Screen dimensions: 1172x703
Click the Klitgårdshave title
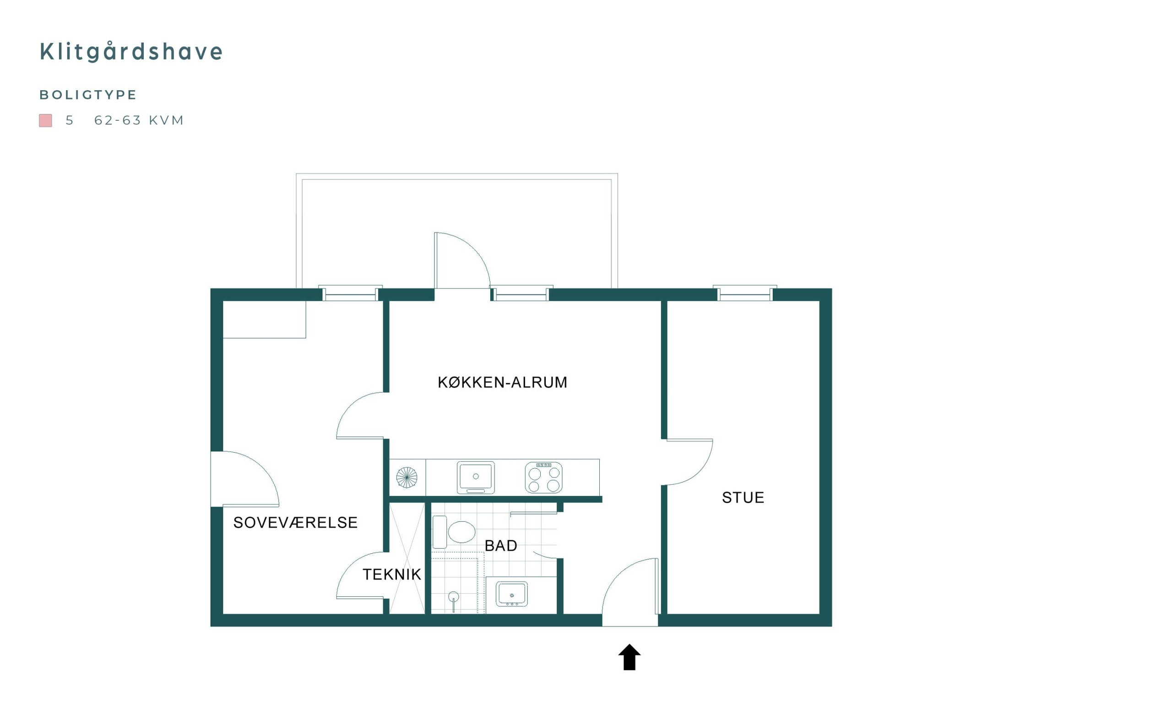click(131, 51)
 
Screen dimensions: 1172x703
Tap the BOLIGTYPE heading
click(88, 95)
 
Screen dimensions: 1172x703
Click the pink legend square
click(45, 120)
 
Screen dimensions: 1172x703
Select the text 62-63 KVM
click(139, 120)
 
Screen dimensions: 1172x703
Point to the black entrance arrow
click(629, 657)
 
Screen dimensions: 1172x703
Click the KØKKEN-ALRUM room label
click(502, 382)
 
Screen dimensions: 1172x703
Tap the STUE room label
click(743, 498)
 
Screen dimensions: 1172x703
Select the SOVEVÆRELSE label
click(295, 523)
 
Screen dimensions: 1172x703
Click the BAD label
click(501, 546)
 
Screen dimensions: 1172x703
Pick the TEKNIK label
click(392, 575)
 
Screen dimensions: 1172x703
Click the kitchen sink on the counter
click(476, 477)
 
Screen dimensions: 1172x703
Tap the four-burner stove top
click(543, 478)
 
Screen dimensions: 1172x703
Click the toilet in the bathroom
click(454, 532)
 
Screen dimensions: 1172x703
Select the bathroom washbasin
click(512, 594)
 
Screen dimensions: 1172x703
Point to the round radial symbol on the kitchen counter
click(407, 477)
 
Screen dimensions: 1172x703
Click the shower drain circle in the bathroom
click(453, 596)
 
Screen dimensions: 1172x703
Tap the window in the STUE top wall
click(745, 294)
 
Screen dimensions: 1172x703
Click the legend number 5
click(70, 120)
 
